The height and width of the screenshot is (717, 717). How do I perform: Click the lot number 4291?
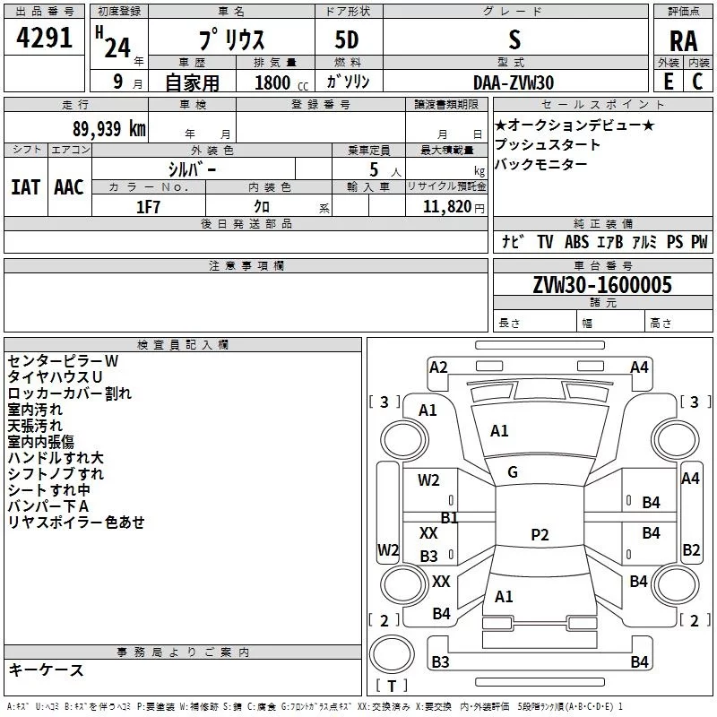45,40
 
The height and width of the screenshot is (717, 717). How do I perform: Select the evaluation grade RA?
683,41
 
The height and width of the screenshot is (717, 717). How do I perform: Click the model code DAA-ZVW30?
514,82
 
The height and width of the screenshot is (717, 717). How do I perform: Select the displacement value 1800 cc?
272,82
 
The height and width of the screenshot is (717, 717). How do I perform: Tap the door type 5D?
347,41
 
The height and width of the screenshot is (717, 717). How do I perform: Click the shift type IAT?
25,186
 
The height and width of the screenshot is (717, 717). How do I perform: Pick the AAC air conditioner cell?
69,186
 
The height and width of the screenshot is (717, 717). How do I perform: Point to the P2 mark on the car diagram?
540,535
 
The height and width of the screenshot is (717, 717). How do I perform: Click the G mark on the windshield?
513,472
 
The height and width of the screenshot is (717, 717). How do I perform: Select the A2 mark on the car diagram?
438,367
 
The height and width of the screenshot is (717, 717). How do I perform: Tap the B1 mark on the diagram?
449,517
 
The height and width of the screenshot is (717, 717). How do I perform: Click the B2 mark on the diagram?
691,549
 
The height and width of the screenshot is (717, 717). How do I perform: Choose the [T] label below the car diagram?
392,686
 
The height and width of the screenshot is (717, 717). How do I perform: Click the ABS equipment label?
577,242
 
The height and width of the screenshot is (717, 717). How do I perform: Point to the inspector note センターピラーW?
63,360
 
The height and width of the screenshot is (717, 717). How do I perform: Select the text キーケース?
46,669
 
